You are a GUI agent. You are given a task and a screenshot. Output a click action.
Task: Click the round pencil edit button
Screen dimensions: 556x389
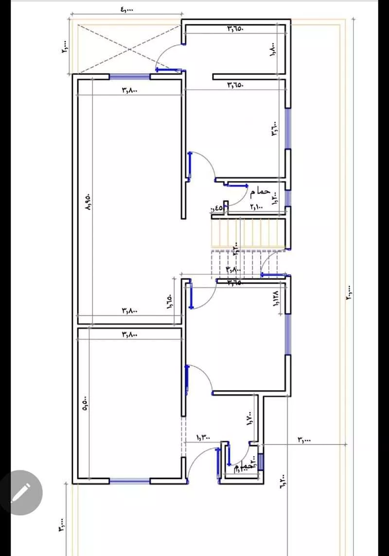[x=20, y=493]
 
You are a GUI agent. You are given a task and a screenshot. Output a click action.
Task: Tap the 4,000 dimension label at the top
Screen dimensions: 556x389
[x=125, y=9]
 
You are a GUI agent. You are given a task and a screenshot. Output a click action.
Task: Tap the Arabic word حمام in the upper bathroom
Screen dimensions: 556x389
[x=260, y=192]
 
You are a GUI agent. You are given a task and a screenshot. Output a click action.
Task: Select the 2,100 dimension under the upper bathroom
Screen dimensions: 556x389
[x=256, y=207]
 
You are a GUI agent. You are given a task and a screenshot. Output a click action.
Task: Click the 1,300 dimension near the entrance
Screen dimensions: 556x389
[x=203, y=438]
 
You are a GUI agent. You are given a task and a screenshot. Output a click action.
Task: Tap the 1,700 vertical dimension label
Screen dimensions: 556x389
[x=249, y=418]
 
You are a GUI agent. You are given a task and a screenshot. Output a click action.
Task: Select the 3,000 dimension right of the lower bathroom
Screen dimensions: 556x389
[x=304, y=440]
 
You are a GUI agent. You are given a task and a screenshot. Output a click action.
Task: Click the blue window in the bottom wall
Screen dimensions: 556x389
[x=129, y=481]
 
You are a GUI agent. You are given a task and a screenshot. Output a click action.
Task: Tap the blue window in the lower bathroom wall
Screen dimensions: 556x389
[x=261, y=462]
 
